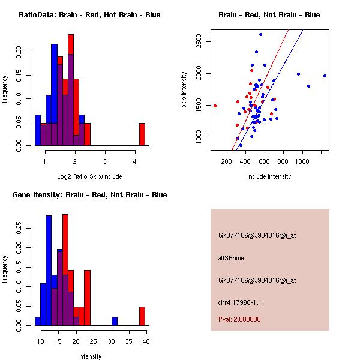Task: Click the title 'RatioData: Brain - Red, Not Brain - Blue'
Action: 89,15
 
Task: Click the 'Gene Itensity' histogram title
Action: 89,195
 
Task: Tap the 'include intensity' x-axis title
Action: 269,176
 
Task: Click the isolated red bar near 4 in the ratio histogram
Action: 142,134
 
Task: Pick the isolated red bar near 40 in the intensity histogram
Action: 142,316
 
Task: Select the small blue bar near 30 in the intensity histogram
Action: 115,321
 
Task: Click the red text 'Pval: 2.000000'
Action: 239,319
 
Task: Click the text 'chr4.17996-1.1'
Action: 239,302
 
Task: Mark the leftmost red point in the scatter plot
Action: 215,106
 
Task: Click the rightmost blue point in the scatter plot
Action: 325,76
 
